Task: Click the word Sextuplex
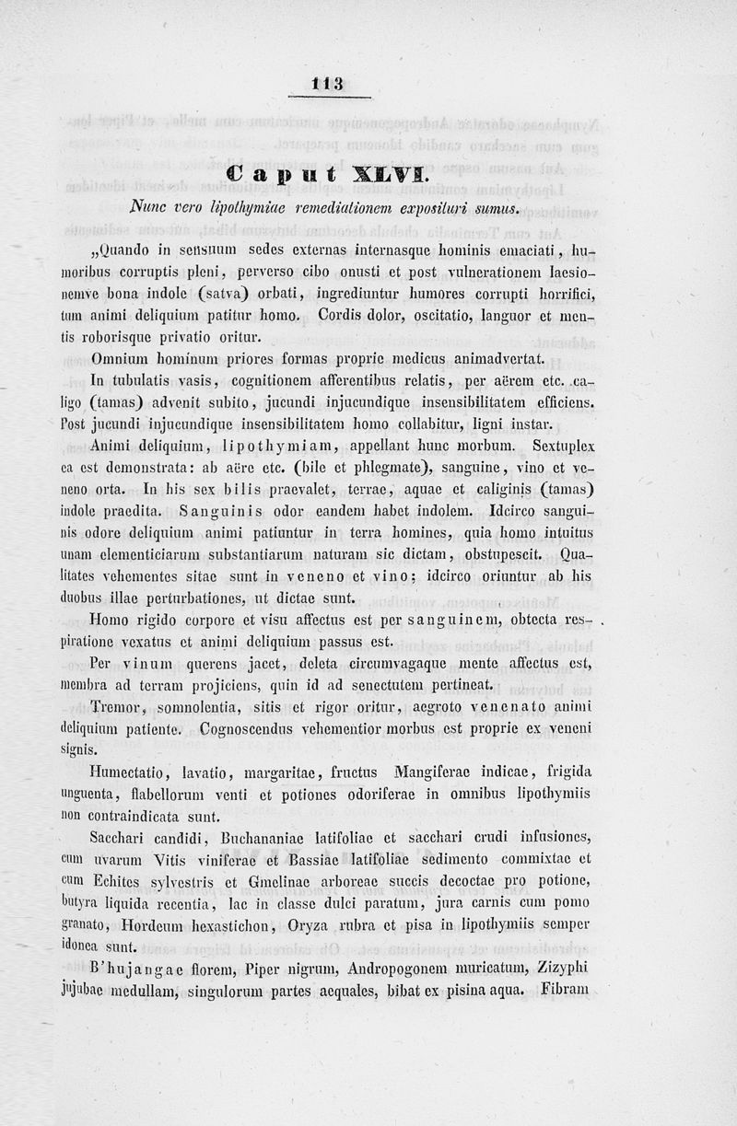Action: point(561,445)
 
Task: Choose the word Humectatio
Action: point(131,772)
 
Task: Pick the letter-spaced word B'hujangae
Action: point(142,969)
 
